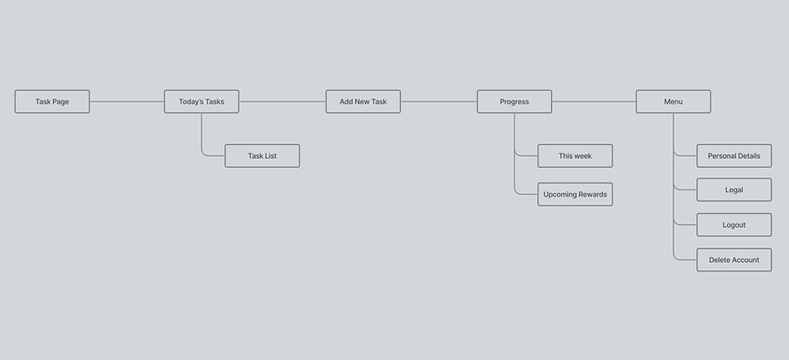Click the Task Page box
coord(52,102)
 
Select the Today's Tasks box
coord(201,102)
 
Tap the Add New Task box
coord(363,102)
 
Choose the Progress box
coord(513,102)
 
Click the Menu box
coord(673,102)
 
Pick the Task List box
coord(262,156)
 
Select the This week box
coord(575,156)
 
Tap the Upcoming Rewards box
coord(575,195)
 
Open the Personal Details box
coord(734,156)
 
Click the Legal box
coord(734,190)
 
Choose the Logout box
coord(734,225)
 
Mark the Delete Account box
coord(734,260)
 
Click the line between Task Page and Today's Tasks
coord(127,102)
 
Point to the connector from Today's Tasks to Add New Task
coord(282,102)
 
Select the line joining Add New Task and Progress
coord(438,102)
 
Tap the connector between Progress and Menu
coord(594,102)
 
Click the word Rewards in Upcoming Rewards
coord(593,195)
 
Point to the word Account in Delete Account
coord(745,260)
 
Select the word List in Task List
coord(271,156)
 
